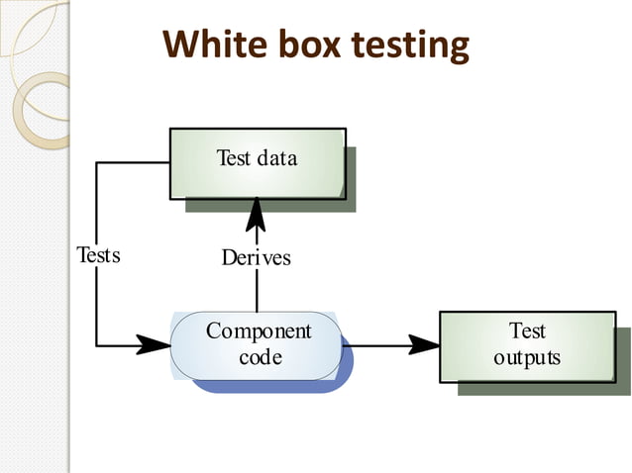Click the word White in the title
[x=210, y=45]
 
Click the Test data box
[x=257, y=163]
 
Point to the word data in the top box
[x=276, y=157]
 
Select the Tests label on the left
[x=98, y=255]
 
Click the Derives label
[x=257, y=257]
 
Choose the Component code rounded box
[x=257, y=345]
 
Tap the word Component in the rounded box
[x=259, y=331]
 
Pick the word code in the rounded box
[x=260, y=356]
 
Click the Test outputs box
[x=526, y=345]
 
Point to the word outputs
[x=527, y=357]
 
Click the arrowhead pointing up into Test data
[x=257, y=212]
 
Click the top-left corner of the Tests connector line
[x=97, y=163]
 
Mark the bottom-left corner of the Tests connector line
[x=97, y=345]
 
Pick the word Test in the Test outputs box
[x=527, y=331]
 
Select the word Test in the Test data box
[x=234, y=157]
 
